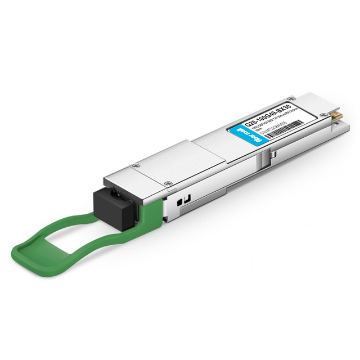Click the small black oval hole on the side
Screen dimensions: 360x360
point(179,200)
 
